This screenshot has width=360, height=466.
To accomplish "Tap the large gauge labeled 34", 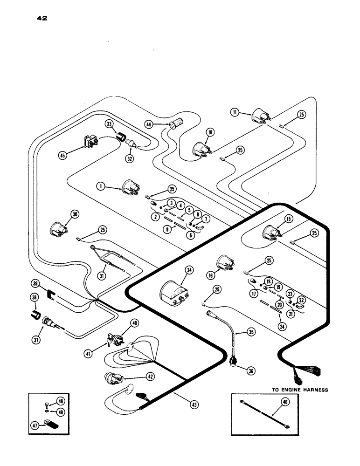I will point(173,293).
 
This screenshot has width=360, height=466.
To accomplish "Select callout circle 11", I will point(234,111).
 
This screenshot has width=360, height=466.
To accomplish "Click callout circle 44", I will point(162,124).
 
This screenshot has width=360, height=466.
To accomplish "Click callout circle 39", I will point(34,283).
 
